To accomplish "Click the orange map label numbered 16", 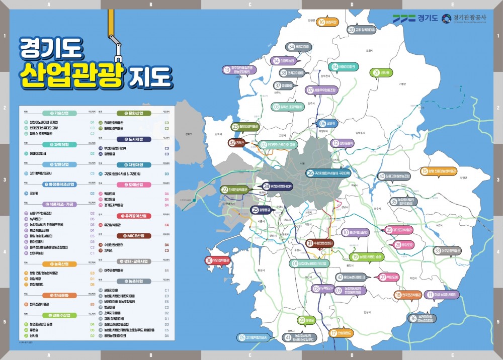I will tap(327, 22).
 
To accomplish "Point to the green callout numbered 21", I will tap(382, 72).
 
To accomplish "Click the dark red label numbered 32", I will tap(237, 143).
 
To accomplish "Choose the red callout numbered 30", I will tap(218, 260).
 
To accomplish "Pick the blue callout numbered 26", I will tap(328, 173).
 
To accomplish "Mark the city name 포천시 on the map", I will tap(370, 51).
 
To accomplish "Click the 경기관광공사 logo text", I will tap(470, 18).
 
